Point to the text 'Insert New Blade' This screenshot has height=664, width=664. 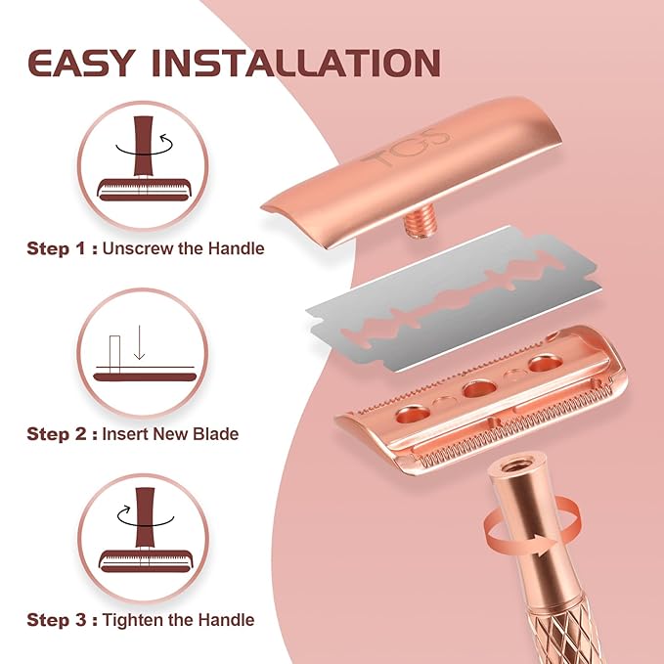170,433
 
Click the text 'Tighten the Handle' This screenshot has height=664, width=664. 179,620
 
